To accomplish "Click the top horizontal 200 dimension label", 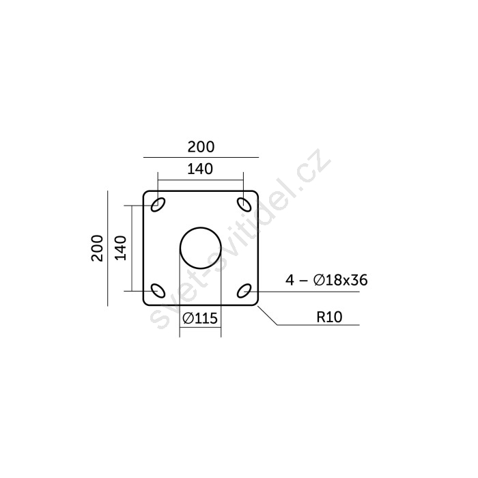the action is tap(201, 147).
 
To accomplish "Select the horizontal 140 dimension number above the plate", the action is tap(200, 169).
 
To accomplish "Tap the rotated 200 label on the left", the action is tap(97, 248).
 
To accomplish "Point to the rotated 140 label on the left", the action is tap(120, 248).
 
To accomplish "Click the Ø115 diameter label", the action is tap(200, 319).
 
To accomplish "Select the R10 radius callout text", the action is tap(330, 317).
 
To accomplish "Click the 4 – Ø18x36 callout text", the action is tap(326, 280).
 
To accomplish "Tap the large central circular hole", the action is tap(201, 227).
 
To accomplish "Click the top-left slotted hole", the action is tap(158, 205).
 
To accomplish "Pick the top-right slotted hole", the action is tap(244, 205).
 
